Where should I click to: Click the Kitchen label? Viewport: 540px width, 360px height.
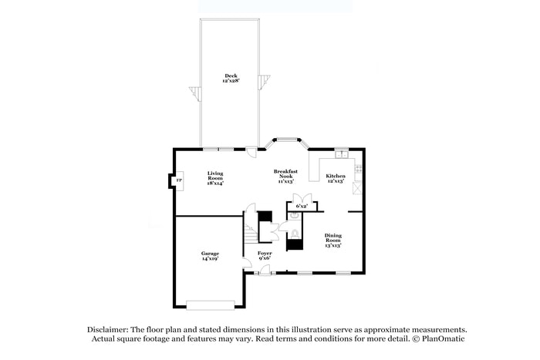point(335,177)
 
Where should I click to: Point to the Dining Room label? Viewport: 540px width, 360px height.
point(332,239)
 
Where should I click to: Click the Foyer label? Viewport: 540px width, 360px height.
point(265,255)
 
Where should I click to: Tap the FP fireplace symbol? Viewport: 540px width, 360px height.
point(178,181)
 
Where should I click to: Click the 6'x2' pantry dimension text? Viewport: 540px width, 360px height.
point(302,206)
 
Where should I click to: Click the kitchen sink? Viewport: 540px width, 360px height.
point(340,155)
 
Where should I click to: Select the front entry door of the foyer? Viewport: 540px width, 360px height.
point(265,271)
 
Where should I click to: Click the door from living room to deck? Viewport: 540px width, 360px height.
point(251,151)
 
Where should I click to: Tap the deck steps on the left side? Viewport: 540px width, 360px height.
point(194,95)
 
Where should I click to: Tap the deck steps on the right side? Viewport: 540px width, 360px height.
point(266,79)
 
